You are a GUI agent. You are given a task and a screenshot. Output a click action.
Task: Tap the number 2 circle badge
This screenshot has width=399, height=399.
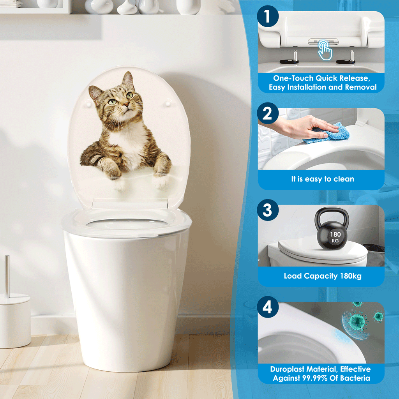(x=268, y=114)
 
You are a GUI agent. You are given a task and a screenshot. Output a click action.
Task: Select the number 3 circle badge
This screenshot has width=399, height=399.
(x=268, y=210)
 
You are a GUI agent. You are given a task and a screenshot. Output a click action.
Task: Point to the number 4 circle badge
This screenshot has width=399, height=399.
(x=268, y=307)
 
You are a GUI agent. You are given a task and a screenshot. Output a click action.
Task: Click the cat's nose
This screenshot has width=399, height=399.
(x=125, y=105)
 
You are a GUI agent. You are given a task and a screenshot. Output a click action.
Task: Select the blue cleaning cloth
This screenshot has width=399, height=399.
(x=327, y=133)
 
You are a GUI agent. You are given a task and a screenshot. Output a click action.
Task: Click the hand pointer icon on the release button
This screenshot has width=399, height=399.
(x=324, y=51)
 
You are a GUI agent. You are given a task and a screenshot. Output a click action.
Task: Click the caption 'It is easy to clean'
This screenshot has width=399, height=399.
(x=323, y=179)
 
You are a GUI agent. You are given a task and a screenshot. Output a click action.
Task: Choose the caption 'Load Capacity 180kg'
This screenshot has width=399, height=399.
(x=323, y=276)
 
